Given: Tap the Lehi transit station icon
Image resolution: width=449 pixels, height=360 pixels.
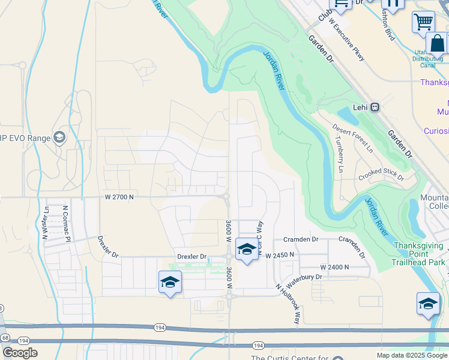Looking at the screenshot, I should point(375,107).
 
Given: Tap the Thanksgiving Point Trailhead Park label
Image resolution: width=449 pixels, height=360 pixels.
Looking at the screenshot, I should point(419,254).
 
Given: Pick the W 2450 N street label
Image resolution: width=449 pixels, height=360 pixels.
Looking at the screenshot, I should point(280,254).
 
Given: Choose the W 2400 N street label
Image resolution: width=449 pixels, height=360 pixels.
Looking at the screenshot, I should point(335,266).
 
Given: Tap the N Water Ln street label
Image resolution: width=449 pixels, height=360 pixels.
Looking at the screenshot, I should point(46,223).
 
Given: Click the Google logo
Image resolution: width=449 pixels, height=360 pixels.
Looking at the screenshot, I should point(20,352).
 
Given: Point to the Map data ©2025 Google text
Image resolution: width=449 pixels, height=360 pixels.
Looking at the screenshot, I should point(412,355).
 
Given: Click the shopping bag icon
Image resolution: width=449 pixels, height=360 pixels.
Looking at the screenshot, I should point(436,44).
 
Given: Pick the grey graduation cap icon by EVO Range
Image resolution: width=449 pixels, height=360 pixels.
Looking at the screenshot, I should point(59,138).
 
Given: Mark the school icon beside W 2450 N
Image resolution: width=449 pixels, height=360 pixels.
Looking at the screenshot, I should point(246,249).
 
